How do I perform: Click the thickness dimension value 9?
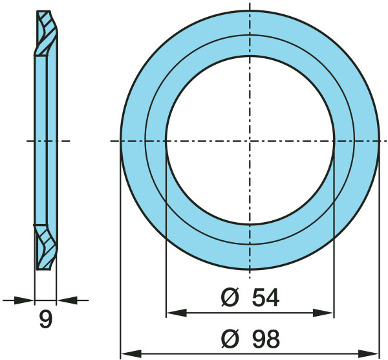point(46,319)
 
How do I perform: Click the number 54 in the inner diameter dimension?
point(266,297)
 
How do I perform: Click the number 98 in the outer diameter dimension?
point(266,339)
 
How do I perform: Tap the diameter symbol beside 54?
point(230,297)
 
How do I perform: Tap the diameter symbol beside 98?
point(230,339)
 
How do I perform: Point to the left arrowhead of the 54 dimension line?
point(176,313)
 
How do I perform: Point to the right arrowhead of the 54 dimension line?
point(324,313)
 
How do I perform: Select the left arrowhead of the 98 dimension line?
point(131,354)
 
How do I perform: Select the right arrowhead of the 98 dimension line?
point(369,354)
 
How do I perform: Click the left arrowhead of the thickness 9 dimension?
point(24,300)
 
